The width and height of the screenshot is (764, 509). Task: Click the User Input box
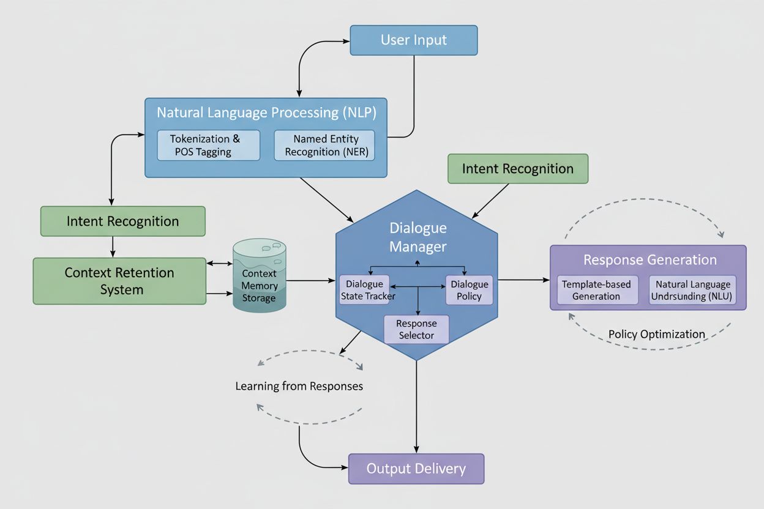pos(413,40)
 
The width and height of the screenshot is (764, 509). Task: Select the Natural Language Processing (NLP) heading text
pos(266,113)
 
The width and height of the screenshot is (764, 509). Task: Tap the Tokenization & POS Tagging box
pos(208,146)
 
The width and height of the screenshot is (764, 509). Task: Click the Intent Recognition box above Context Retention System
pos(122,221)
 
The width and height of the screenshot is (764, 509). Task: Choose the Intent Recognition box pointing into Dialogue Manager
pos(517,169)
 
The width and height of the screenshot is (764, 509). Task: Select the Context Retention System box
pos(119,281)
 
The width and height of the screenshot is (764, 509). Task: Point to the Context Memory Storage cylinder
pos(259,283)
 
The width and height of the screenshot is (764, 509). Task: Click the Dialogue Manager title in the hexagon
pos(418,237)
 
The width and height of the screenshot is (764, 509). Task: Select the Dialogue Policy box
pos(469,290)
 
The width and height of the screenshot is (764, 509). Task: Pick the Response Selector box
pos(416,329)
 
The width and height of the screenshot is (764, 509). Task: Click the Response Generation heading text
pos(650,260)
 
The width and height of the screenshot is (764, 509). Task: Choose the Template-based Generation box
pos(596,291)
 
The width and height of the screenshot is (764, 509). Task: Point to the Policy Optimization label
pos(656,334)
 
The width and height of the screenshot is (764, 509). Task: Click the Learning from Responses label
pos(299,386)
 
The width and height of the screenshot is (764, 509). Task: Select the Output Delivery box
pos(416,469)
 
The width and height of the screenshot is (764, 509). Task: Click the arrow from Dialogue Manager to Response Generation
pos(524,280)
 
